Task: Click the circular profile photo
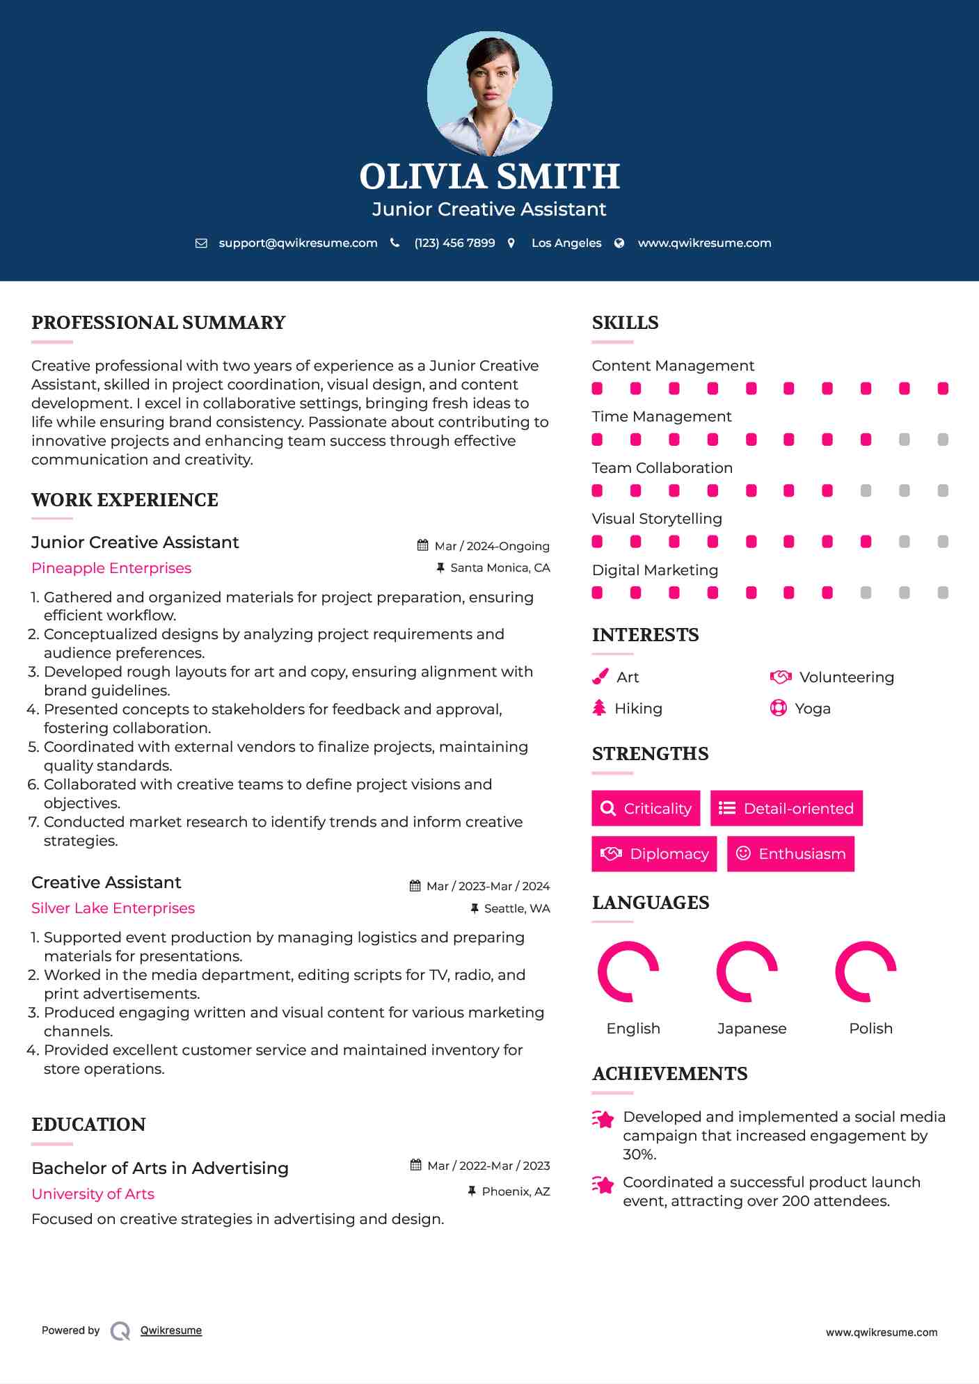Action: pos(489,94)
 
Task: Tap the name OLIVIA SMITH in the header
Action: pos(489,177)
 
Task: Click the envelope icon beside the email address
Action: pos(201,243)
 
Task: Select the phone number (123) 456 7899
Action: pos(454,243)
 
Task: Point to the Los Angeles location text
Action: pos(566,243)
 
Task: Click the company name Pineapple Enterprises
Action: pos(111,568)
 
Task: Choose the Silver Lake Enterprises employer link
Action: pos(113,908)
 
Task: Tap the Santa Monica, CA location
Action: pos(500,568)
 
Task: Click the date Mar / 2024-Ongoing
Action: pos(491,546)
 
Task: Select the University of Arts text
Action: pos(93,1194)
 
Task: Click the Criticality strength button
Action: pos(646,808)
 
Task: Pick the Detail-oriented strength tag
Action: pos(786,808)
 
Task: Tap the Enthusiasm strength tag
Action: pos(790,854)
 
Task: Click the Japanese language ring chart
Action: pos(747,972)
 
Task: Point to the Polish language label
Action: pos(870,1029)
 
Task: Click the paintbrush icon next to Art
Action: pos(600,677)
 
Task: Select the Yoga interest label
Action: pos(812,709)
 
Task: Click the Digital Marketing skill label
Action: pos(655,570)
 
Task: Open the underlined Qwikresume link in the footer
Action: pos(171,1330)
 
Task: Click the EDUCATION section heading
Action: pos(88,1125)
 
